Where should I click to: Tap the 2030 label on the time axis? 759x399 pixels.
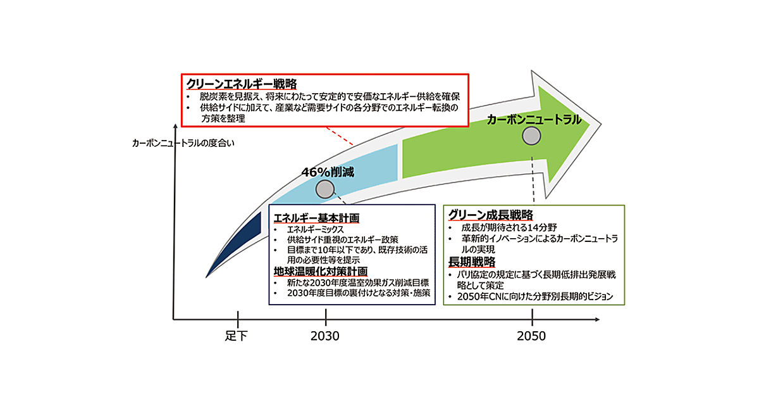click(x=324, y=336)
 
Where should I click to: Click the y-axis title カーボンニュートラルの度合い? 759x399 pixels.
click(x=183, y=142)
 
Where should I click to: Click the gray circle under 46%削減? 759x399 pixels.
click(x=324, y=189)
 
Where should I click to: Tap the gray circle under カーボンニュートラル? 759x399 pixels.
click(x=531, y=136)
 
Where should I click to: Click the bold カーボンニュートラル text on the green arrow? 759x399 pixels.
click(x=534, y=119)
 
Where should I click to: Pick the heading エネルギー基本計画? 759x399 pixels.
click(x=316, y=218)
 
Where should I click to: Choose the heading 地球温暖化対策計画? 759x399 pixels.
click(x=320, y=272)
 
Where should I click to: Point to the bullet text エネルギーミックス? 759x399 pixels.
click(x=315, y=229)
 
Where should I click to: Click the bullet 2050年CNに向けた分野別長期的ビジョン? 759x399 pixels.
click(x=535, y=296)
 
